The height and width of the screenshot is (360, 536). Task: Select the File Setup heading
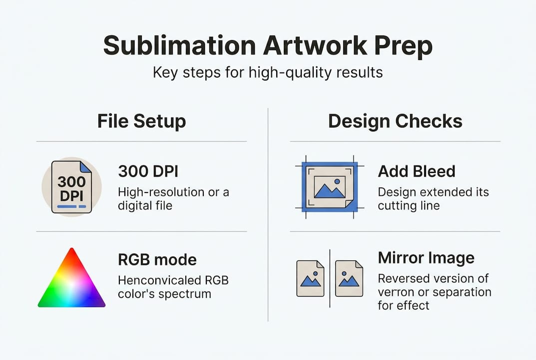141,121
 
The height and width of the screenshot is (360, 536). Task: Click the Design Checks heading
395,121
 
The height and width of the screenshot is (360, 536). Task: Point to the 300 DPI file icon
71,187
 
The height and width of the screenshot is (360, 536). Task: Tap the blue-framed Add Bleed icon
330,187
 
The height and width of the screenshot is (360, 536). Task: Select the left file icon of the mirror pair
310,278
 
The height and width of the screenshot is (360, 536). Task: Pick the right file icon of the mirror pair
349,278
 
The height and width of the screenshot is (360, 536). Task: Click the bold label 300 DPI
148,171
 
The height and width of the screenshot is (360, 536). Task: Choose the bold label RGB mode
157,259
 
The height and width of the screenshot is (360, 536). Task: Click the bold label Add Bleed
417,171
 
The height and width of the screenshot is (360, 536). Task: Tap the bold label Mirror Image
426,258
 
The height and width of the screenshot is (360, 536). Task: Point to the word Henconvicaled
159,280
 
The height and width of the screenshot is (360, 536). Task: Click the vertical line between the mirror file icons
330,278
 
